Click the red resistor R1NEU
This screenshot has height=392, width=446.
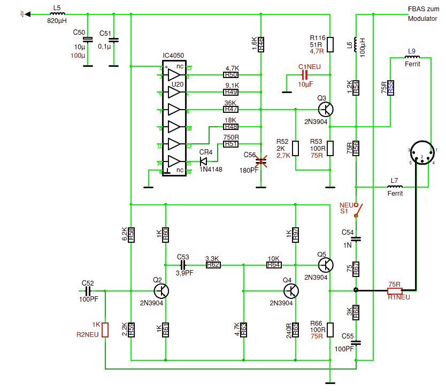click(x=395, y=291)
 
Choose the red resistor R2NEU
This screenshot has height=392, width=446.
click(x=105, y=330)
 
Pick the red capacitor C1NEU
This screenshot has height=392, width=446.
click(x=306, y=76)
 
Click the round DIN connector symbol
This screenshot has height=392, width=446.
click(x=422, y=155)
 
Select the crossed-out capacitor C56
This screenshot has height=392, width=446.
click(x=261, y=160)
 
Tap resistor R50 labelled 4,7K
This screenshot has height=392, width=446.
click(x=231, y=75)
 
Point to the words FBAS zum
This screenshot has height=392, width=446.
click(x=423, y=9)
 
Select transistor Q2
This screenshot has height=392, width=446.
click(x=161, y=290)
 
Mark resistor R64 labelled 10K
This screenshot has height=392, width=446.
click(x=274, y=264)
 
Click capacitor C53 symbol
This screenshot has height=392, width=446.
click(x=183, y=264)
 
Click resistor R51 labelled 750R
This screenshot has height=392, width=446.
click(x=231, y=144)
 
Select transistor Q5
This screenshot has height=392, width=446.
click(x=326, y=264)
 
